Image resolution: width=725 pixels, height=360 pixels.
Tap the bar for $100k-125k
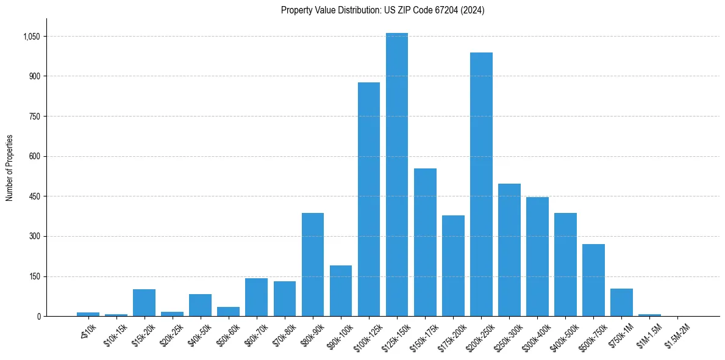(369, 199)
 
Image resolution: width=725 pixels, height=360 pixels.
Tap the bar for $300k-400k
(537, 256)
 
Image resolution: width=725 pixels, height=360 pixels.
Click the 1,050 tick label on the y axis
(31, 37)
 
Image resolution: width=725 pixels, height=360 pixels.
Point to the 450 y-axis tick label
(35, 196)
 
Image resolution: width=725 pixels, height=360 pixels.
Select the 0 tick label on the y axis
(38, 316)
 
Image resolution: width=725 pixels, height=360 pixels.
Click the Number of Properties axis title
(10, 168)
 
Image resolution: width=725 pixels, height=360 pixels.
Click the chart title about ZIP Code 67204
(382, 10)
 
